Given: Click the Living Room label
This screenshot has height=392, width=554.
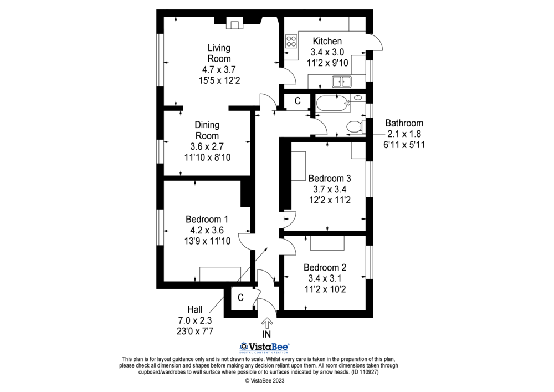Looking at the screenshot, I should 219,53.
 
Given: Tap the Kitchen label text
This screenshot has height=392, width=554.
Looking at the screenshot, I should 327,42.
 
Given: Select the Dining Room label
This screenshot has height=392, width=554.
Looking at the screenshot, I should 206,130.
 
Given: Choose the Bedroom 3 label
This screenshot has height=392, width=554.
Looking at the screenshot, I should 330,179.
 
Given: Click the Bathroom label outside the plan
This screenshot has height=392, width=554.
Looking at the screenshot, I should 404,123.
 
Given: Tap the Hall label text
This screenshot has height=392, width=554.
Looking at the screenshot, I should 194,309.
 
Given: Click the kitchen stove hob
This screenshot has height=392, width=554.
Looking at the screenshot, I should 291,41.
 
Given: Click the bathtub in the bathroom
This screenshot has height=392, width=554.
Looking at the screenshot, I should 332,103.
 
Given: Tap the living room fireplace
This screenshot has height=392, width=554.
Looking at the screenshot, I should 234,24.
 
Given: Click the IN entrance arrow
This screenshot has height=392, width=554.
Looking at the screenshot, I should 266,323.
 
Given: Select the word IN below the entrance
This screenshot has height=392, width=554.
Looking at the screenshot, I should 266,334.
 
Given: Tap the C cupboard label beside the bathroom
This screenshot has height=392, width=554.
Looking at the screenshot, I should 297,101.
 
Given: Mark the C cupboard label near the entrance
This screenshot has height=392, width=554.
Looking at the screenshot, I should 240,298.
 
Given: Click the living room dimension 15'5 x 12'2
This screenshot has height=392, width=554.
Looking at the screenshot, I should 219,80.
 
